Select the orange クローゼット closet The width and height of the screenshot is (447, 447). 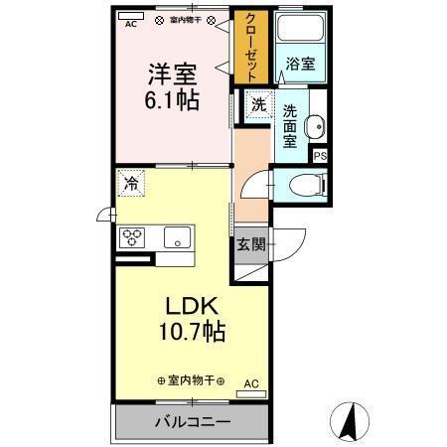pos(251,48)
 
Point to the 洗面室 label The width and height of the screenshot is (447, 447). pos(292,127)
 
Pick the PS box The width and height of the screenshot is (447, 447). pos(320,156)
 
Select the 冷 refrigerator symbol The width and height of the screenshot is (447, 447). pos(130,184)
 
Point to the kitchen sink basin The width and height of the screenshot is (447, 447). pos(177,237)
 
